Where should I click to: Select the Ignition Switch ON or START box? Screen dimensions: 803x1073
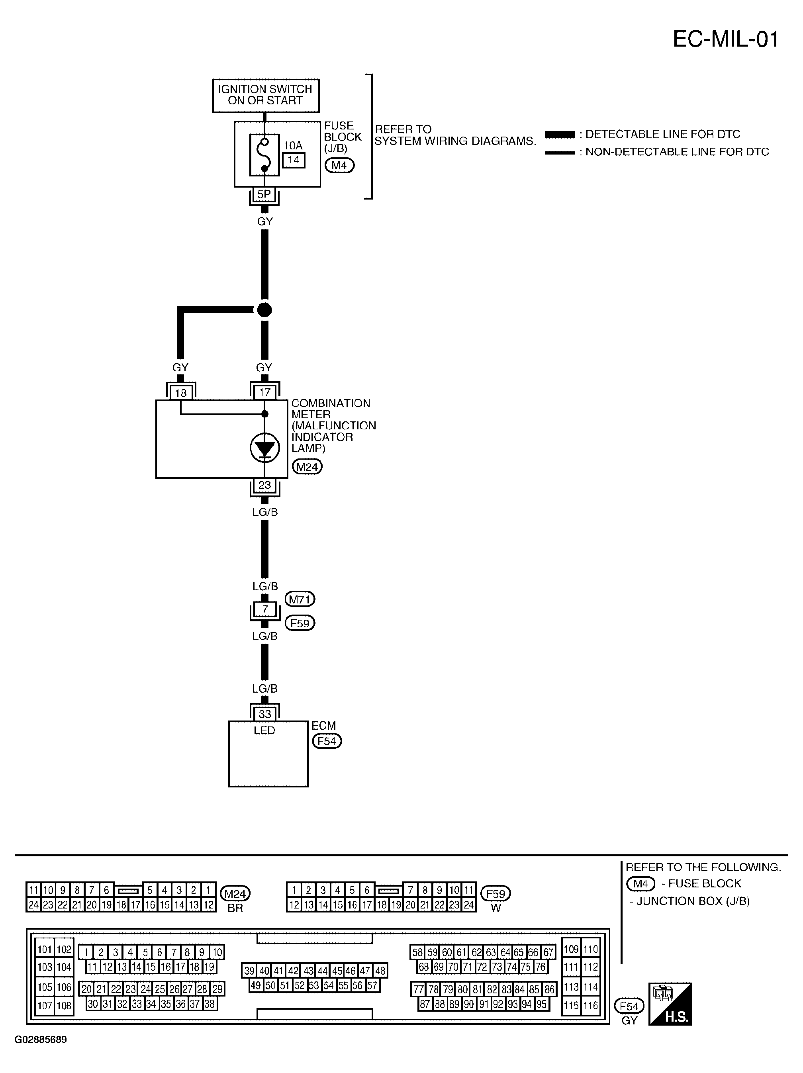click(265, 96)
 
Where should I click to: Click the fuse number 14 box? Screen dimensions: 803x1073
click(294, 160)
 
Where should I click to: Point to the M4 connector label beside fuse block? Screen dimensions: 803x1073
click(339, 165)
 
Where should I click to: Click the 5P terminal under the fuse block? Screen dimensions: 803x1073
click(264, 194)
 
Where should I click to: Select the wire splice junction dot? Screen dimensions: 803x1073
click(264, 309)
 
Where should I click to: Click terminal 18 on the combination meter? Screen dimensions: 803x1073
click(180, 392)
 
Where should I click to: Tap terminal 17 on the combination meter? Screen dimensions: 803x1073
click(264, 392)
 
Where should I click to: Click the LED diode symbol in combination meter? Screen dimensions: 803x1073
click(265, 448)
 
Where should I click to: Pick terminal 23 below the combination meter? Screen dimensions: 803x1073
click(264, 485)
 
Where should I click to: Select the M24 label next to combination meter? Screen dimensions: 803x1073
click(307, 467)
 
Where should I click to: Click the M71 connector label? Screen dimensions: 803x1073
click(300, 599)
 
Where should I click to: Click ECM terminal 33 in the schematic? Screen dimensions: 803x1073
click(264, 714)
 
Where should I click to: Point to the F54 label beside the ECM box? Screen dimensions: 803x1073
click(327, 741)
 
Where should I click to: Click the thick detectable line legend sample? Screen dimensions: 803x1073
click(560, 134)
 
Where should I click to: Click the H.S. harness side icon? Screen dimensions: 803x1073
click(670, 1004)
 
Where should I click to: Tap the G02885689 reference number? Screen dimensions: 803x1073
click(41, 1040)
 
